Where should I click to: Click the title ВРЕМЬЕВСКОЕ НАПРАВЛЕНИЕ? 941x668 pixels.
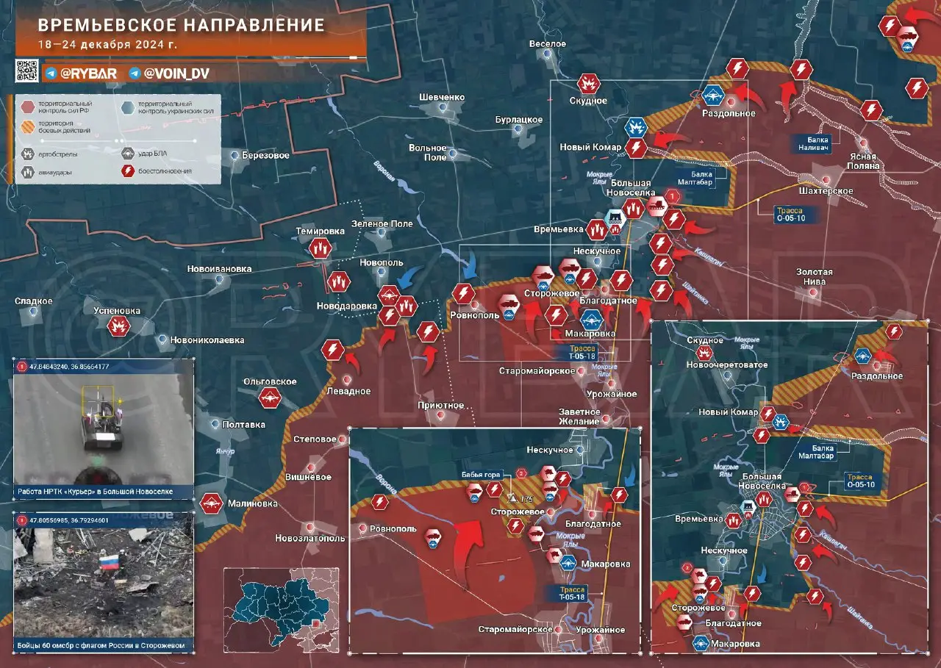click(x=181, y=25)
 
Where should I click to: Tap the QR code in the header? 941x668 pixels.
click(x=27, y=71)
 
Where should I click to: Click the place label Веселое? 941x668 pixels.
click(x=548, y=44)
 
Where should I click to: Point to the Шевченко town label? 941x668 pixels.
click(x=441, y=97)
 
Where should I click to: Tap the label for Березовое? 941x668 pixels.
click(x=266, y=156)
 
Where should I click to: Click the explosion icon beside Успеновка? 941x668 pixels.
click(x=118, y=326)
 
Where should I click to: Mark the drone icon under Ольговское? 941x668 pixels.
click(x=270, y=398)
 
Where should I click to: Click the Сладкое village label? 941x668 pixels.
click(x=33, y=301)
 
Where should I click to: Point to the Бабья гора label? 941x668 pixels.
click(x=481, y=475)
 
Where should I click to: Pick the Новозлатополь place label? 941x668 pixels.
click(x=310, y=538)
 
